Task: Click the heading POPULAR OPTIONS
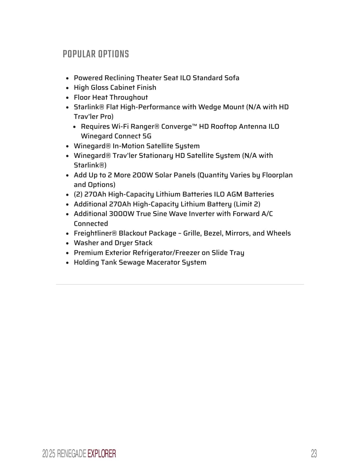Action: tap(96, 54)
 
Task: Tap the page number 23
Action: tap(313, 454)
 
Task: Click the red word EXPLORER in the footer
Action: tap(102, 454)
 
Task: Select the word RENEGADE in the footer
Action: tap(71, 454)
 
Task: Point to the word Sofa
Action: tap(232, 78)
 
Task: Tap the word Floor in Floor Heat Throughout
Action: tap(82, 97)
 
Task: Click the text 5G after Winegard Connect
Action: tap(147, 136)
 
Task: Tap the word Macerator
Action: tap(163, 262)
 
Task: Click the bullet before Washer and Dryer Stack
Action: tap(67, 243)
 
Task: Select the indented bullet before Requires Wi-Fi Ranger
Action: tap(74, 127)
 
